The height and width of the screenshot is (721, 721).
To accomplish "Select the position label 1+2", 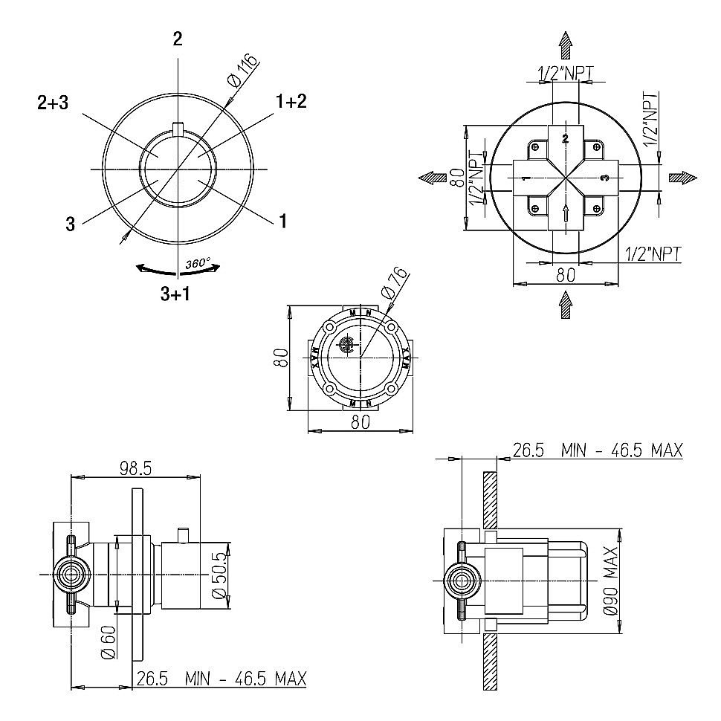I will [291, 102].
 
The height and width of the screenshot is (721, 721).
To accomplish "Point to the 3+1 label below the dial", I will [175, 294].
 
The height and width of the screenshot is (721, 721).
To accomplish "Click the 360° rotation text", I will [198, 264].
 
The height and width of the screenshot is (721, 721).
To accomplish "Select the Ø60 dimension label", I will [107, 641].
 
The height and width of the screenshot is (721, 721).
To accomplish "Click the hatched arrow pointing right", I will [682, 177].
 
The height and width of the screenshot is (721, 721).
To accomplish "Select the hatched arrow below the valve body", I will [566, 304].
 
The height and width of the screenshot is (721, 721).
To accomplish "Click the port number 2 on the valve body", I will [565, 138].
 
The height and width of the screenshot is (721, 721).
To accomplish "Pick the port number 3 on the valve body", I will [604, 178].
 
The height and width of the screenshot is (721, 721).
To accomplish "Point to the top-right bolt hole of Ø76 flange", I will [390, 326].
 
